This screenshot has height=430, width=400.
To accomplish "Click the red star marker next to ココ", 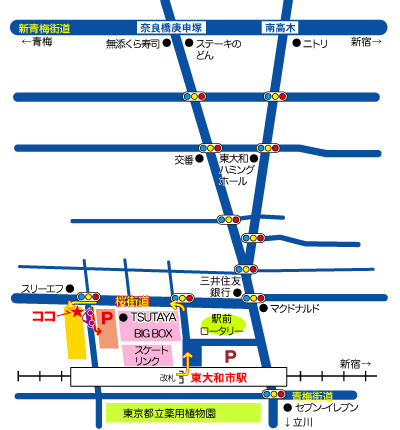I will pyautogui.click(x=77, y=312).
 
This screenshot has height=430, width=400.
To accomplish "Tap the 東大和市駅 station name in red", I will pyautogui.click(x=219, y=379).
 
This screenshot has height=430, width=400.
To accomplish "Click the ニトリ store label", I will pyautogui.click(x=315, y=43).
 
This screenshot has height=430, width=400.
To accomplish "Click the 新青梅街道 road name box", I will pyautogui.click(x=45, y=29).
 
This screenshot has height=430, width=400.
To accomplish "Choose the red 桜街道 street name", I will pyautogui.click(x=132, y=299).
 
